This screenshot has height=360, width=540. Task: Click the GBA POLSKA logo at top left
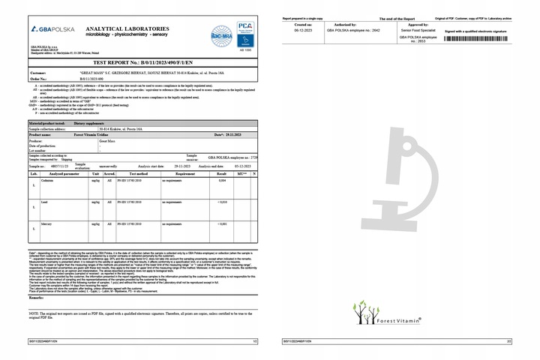52,28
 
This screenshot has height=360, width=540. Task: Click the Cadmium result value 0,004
222,181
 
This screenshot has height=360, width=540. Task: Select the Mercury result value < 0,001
222,223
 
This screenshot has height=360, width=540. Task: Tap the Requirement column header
181,173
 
